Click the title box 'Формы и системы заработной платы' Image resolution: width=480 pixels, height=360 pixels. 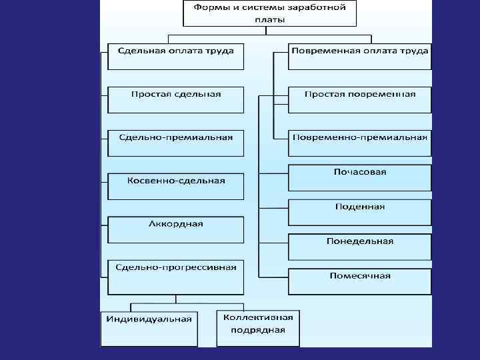269,13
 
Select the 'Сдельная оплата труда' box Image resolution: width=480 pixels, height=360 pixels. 176,56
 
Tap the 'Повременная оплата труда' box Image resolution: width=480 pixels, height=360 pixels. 359,56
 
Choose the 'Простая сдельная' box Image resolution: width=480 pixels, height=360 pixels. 176,99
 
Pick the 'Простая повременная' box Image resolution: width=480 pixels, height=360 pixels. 359,99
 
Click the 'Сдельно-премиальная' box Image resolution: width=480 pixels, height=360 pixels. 176,143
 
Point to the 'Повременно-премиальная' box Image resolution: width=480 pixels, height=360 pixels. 359,143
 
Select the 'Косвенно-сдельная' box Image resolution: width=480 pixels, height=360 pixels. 176,186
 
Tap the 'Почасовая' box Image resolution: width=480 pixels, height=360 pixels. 359,177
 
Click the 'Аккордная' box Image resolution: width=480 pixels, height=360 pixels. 176,229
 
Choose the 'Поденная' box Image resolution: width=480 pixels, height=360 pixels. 359,212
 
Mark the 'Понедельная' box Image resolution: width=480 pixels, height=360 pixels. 359,247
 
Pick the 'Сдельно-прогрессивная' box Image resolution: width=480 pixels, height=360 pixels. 176,276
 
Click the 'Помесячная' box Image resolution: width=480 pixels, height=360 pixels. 359,281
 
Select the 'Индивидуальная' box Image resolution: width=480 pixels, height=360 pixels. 149,327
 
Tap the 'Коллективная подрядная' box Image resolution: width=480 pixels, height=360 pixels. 259,327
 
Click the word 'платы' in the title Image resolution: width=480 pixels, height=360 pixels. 269,20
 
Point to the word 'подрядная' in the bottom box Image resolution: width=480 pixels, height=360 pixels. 259,330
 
